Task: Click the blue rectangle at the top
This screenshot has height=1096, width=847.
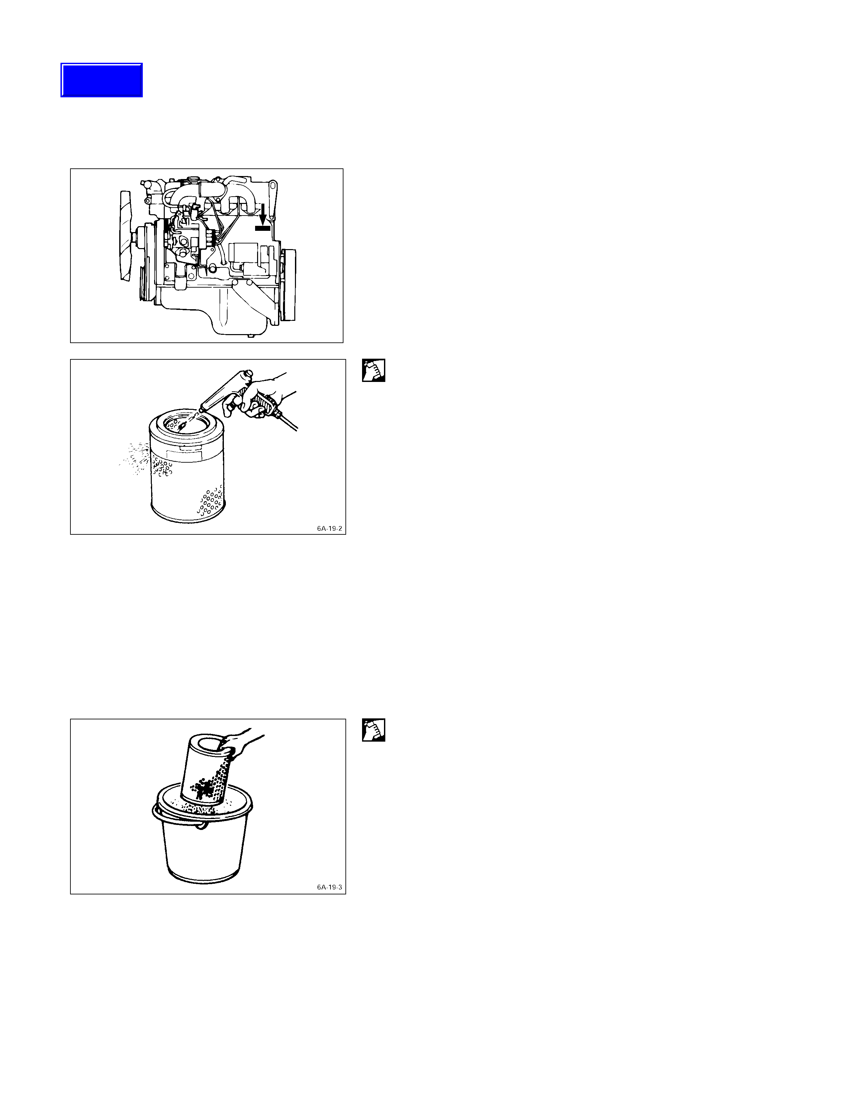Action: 102,80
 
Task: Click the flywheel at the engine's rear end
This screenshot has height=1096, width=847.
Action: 289,285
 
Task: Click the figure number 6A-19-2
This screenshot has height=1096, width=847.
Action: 329,528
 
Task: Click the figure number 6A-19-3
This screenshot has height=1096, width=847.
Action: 329,887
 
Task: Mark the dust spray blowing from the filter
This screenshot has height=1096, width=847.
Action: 135,458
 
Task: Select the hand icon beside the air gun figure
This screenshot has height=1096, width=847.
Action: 374,370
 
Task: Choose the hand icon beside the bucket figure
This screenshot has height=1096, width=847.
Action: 374,730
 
